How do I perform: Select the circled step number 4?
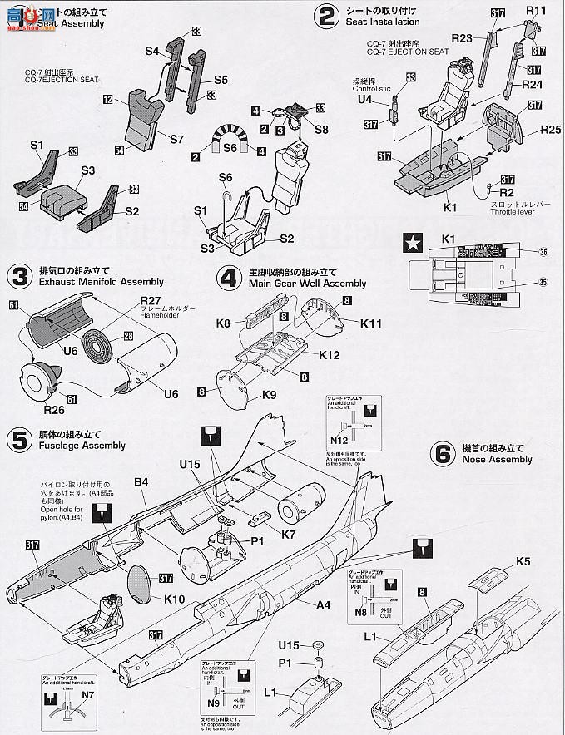(228, 276)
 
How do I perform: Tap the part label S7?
(177, 139)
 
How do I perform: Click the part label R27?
(151, 299)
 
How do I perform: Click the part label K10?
(175, 599)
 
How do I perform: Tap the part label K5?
(523, 561)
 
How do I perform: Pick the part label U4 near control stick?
(364, 98)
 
